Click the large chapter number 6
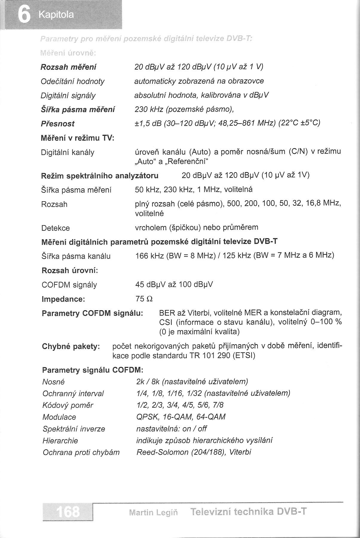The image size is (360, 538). point(24,15)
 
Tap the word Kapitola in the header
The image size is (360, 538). point(56,15)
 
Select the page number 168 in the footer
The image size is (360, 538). point(68,512)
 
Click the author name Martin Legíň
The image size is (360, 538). point(153,513)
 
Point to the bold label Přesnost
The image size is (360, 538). point(58,124)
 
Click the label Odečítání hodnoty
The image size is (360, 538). point(73,81)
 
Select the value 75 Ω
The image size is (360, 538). point(144,299)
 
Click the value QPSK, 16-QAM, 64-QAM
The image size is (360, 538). point(181,417)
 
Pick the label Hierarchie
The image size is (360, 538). point(60,440)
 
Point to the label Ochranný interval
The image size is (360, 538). point(73,393)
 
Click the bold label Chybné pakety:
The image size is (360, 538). point(71,347)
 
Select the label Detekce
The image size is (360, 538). point(55,228)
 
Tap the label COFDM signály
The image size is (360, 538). point(69,285)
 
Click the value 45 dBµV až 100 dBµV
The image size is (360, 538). point(174,284)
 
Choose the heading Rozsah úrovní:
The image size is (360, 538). point(70,270)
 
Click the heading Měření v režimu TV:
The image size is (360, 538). point(78,138)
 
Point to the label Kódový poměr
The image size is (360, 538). point(68,405)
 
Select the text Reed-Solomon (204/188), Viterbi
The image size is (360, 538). point(194,452)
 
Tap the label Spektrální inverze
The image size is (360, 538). point(74,429)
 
